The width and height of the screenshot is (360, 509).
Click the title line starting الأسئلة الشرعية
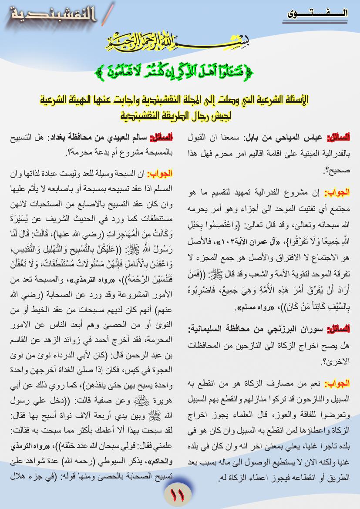(180, 100)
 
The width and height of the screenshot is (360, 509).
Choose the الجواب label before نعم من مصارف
(338, 384)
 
